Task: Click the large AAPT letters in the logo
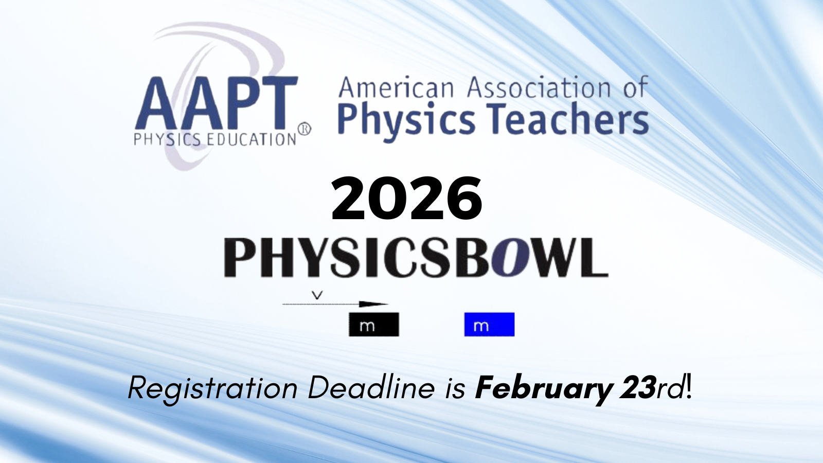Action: coord(217,103)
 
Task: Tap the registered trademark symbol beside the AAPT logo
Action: coord(304,129)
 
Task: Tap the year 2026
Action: coord(407,198)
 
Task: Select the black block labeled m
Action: coord(374,325)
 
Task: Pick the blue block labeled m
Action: coord(489,325)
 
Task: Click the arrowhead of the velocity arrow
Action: coord(373,304)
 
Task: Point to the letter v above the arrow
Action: coord(319,295)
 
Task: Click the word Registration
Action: coord(212,389)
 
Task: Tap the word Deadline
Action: coord(371,388)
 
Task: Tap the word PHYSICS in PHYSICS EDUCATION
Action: coord(167,139)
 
